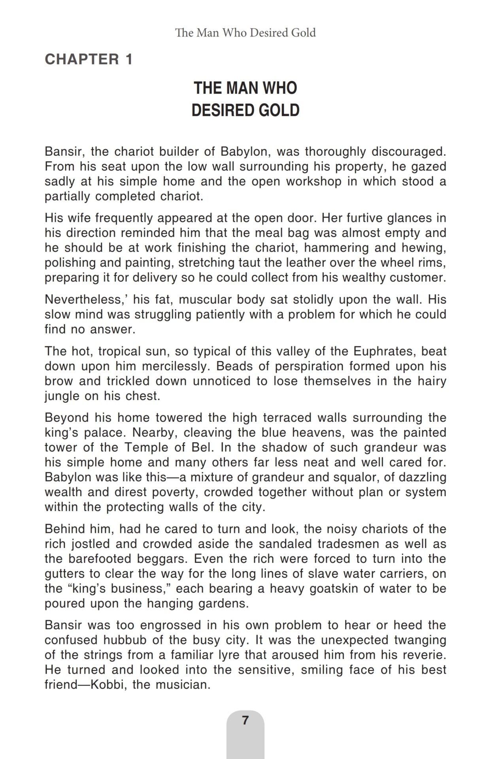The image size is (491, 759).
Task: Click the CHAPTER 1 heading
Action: tap(89, 59)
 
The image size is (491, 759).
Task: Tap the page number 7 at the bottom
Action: tap(245, 720)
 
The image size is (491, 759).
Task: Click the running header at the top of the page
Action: tap(245, 32)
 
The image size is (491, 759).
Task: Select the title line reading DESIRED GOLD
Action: tap(245, 110)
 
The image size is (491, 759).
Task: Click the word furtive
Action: tap(363, 218)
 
